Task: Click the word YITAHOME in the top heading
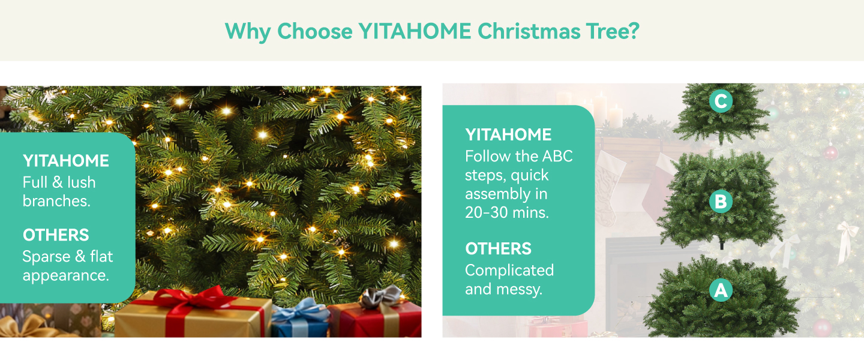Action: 415,31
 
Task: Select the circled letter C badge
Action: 721,101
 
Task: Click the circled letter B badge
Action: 721,202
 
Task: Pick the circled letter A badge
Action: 721,290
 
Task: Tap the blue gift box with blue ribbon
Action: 301,319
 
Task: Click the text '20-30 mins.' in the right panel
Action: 506,212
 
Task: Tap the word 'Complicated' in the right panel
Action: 509,271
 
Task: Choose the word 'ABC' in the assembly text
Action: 557,156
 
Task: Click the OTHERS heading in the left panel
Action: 56,235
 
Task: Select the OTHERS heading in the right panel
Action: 498,249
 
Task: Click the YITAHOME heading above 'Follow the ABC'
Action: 508,134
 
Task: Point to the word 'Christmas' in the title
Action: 529,31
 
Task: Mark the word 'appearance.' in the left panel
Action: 65,276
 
